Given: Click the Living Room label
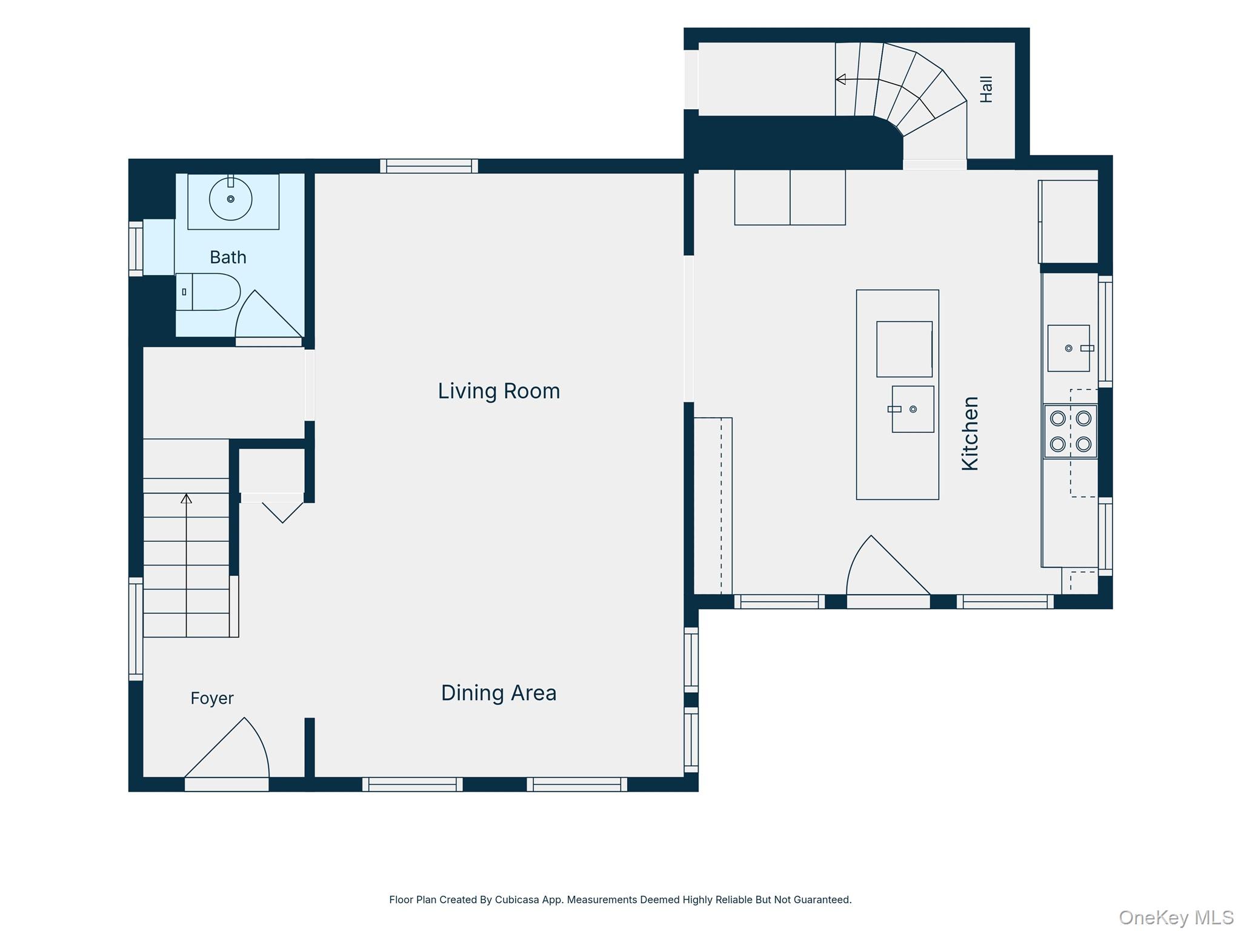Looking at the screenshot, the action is (x=499, y=391).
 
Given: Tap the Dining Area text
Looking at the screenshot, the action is (x=499, y=693).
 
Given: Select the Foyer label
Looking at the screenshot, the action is (x=212, y=698).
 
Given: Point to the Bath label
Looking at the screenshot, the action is (x=228, y=257).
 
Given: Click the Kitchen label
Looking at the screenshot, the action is (x=970, y=433).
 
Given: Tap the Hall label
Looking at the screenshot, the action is (x=986, y=89).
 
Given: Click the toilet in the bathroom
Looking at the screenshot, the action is (x=208, y=292).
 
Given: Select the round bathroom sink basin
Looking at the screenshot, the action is (x=230, y=199).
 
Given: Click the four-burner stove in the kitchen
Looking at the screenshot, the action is (x=1071, y=431).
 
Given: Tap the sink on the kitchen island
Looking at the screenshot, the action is (x=913, y=409).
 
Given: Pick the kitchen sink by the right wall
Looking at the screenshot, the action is (x=1069, y=348).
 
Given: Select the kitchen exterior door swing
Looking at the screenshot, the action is (x=888, y=565).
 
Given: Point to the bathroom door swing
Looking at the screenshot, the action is (x=268, y=313).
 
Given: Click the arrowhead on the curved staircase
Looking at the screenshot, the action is (x=840, y=79).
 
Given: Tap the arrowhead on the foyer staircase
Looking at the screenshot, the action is (x=186, y=498).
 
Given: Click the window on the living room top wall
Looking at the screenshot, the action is (x=429, y=166).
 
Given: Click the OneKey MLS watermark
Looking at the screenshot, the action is (x=1176, y=918).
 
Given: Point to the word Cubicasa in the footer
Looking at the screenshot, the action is (x=517, y=899).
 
